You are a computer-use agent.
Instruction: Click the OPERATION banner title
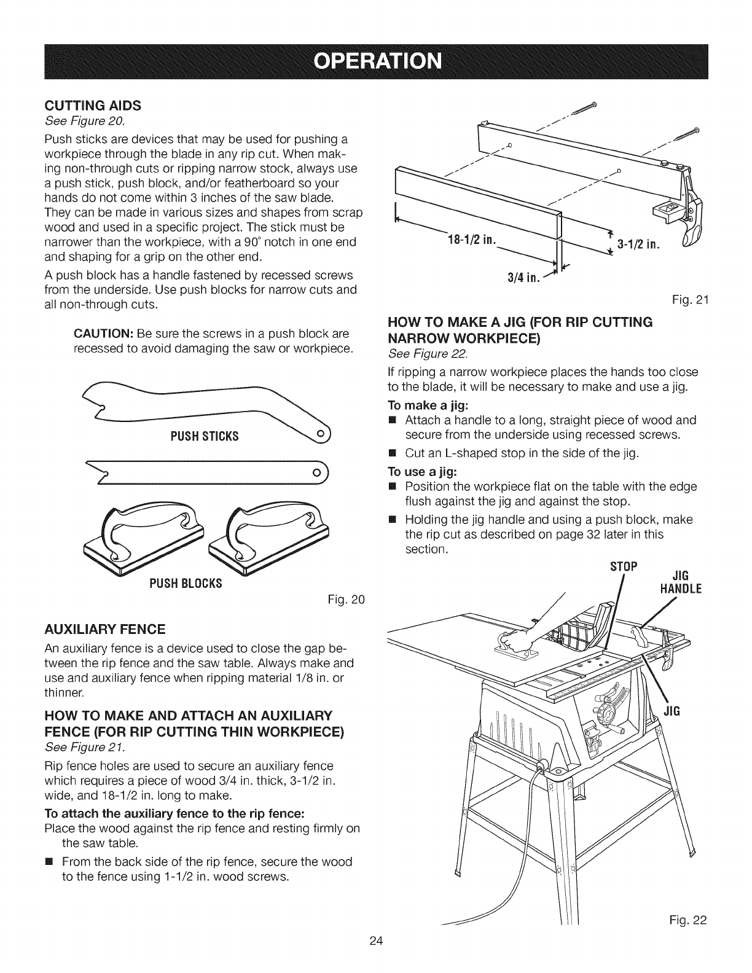tap(375, 62)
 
